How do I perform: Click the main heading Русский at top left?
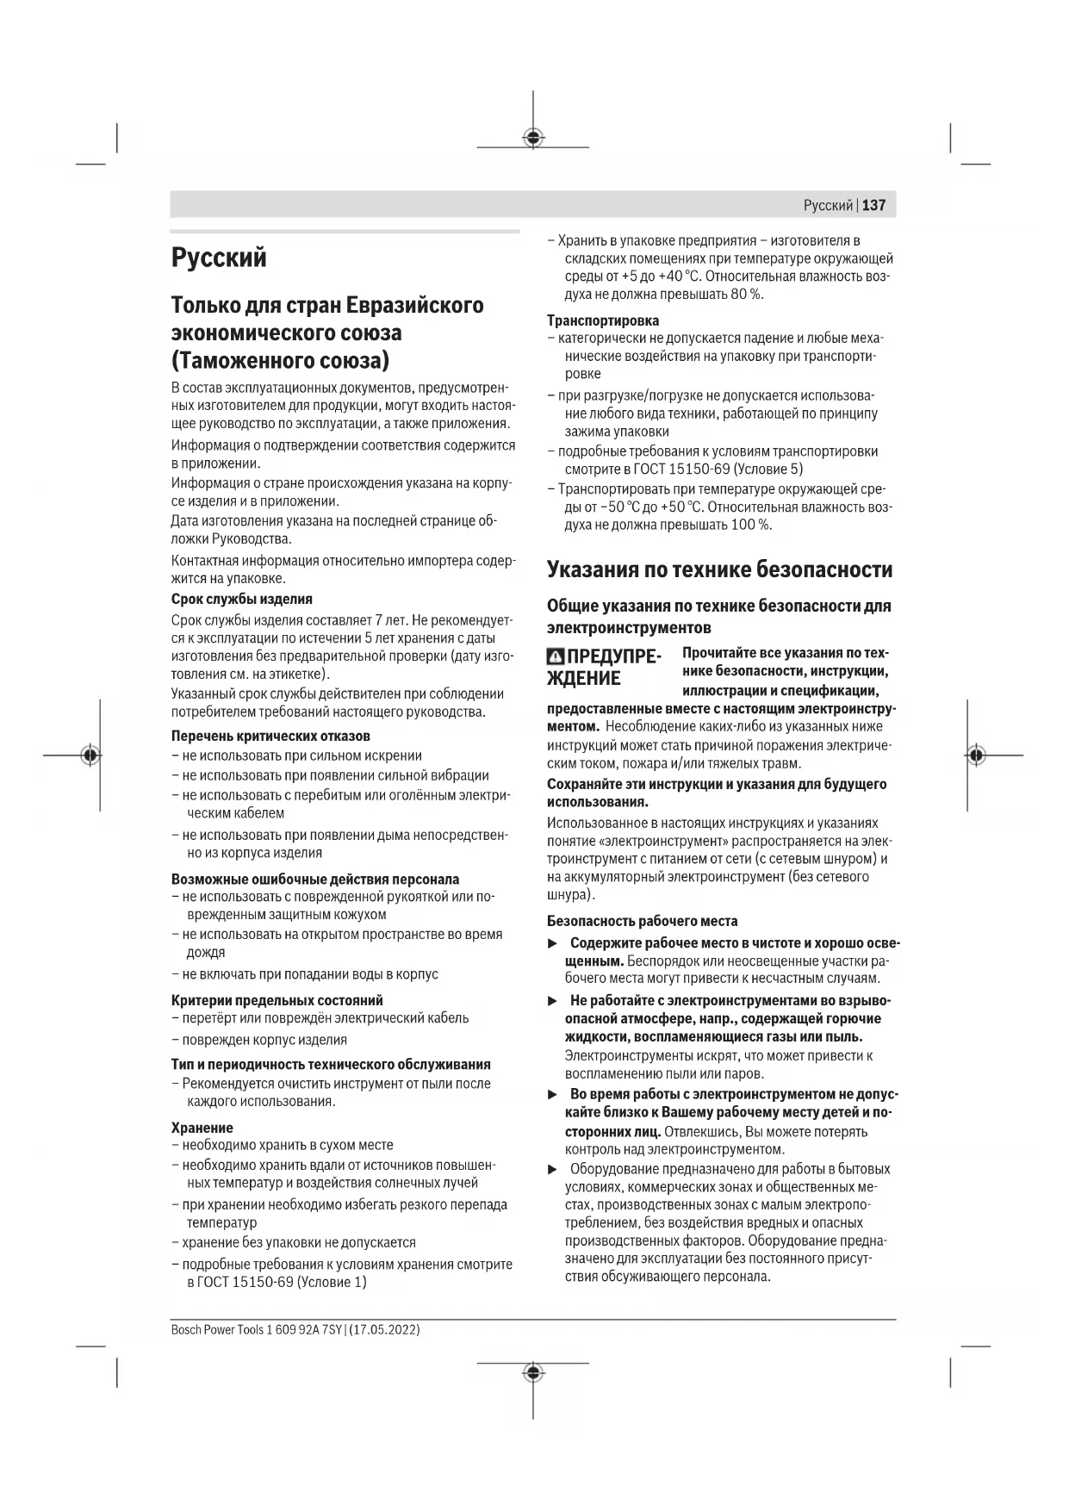(219, 258)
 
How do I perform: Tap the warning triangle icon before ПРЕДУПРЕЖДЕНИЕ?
(556, 657)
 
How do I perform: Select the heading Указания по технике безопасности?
(719, 569)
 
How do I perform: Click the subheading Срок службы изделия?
(241, 599)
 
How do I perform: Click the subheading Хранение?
(202, 1128)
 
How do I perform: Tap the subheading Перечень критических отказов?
(270, 736)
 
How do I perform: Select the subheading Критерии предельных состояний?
(277, 1000)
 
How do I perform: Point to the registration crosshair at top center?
(533, 137)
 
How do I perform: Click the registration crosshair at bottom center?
(533, 1372)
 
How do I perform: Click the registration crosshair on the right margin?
(975, 755)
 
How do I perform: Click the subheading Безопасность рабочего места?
(642, 921)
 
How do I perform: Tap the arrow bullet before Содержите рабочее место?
(553, 944)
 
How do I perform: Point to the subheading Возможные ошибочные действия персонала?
(314, 880)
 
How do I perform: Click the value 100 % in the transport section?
(750, 525)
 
